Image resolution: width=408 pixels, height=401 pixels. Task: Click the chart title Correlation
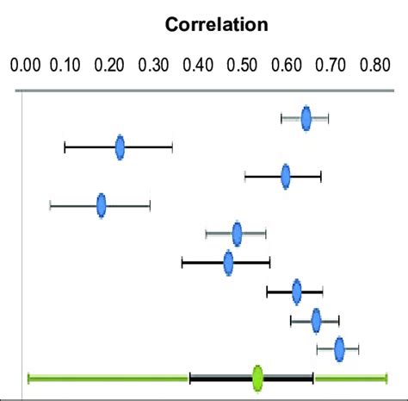[218, 25]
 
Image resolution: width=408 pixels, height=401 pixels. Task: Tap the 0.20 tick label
[112, 64]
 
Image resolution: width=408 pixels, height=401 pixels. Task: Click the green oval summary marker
[257, 377]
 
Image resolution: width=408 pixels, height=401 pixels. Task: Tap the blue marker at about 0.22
[120, 148]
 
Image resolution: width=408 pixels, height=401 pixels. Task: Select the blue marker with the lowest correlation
[102, 205]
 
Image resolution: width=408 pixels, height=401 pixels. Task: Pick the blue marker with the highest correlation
[339, 348]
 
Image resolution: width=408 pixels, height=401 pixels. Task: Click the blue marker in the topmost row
[306, 118]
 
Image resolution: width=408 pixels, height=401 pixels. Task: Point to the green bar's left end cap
[29, 377]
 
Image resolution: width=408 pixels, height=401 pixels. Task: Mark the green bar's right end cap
[386, 377]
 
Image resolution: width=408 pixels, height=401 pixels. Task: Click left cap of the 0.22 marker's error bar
[65, 148]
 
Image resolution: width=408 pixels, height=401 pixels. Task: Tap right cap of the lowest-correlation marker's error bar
[150, 205]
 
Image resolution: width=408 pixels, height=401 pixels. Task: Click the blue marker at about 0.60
[286, 177]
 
